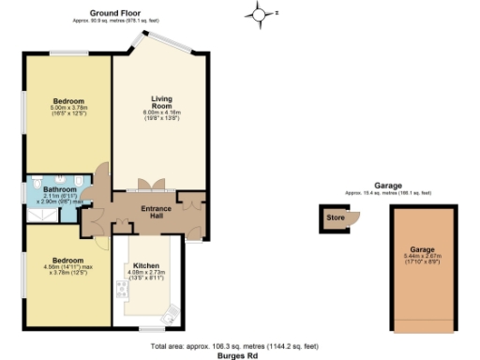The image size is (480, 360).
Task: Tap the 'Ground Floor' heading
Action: (116, 12)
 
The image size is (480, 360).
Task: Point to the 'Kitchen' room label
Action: (146, 265)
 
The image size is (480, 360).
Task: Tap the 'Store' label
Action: (335, 218)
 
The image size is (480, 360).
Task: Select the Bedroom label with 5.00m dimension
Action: (67, 101)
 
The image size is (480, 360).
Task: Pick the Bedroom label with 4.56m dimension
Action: (67, 260)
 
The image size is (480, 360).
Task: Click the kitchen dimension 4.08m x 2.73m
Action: (146, 276)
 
